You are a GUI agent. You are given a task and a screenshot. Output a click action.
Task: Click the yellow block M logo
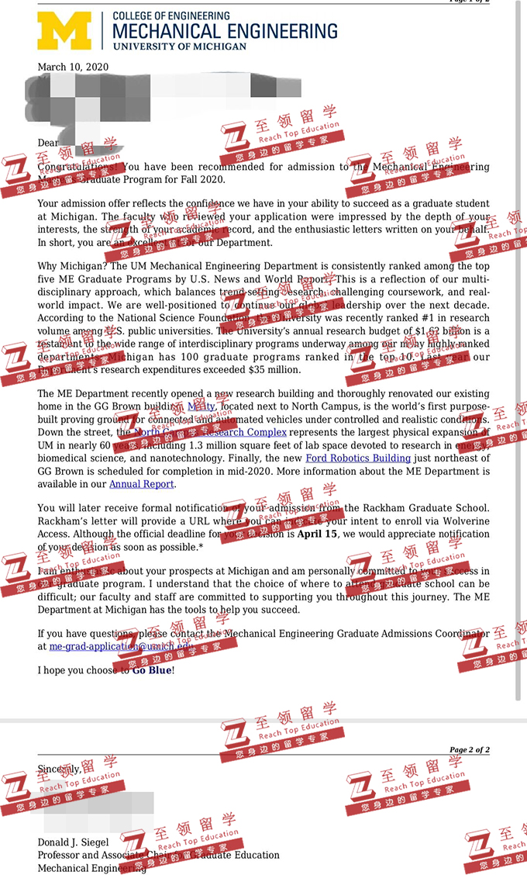[x=64, y=31]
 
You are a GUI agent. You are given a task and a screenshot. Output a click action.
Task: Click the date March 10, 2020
[x=73, y=67]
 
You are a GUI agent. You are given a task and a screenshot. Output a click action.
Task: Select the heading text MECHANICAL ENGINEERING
[x=225, y=31]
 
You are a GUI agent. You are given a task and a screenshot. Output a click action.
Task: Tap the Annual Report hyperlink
[x=141, y=484]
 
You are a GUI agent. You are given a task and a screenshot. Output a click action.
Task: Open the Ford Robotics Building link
[x=358, y=458]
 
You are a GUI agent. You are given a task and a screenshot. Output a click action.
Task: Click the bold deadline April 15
[x=318, y=534]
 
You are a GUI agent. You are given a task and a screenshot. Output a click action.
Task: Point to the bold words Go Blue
[x=153, y=669]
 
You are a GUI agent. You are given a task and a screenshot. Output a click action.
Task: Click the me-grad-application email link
[x=116, y=645]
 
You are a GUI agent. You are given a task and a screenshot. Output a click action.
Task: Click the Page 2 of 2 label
[x=469, y=749]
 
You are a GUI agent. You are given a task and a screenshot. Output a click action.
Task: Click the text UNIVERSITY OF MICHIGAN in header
[x=179, y=46]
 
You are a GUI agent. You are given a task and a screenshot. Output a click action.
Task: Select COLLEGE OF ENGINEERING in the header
[x=171, y=16]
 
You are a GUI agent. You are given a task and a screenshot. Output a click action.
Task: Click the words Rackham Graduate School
[x=433, y=508]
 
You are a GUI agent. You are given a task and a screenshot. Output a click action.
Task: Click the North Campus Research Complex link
[x=210, y=432]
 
